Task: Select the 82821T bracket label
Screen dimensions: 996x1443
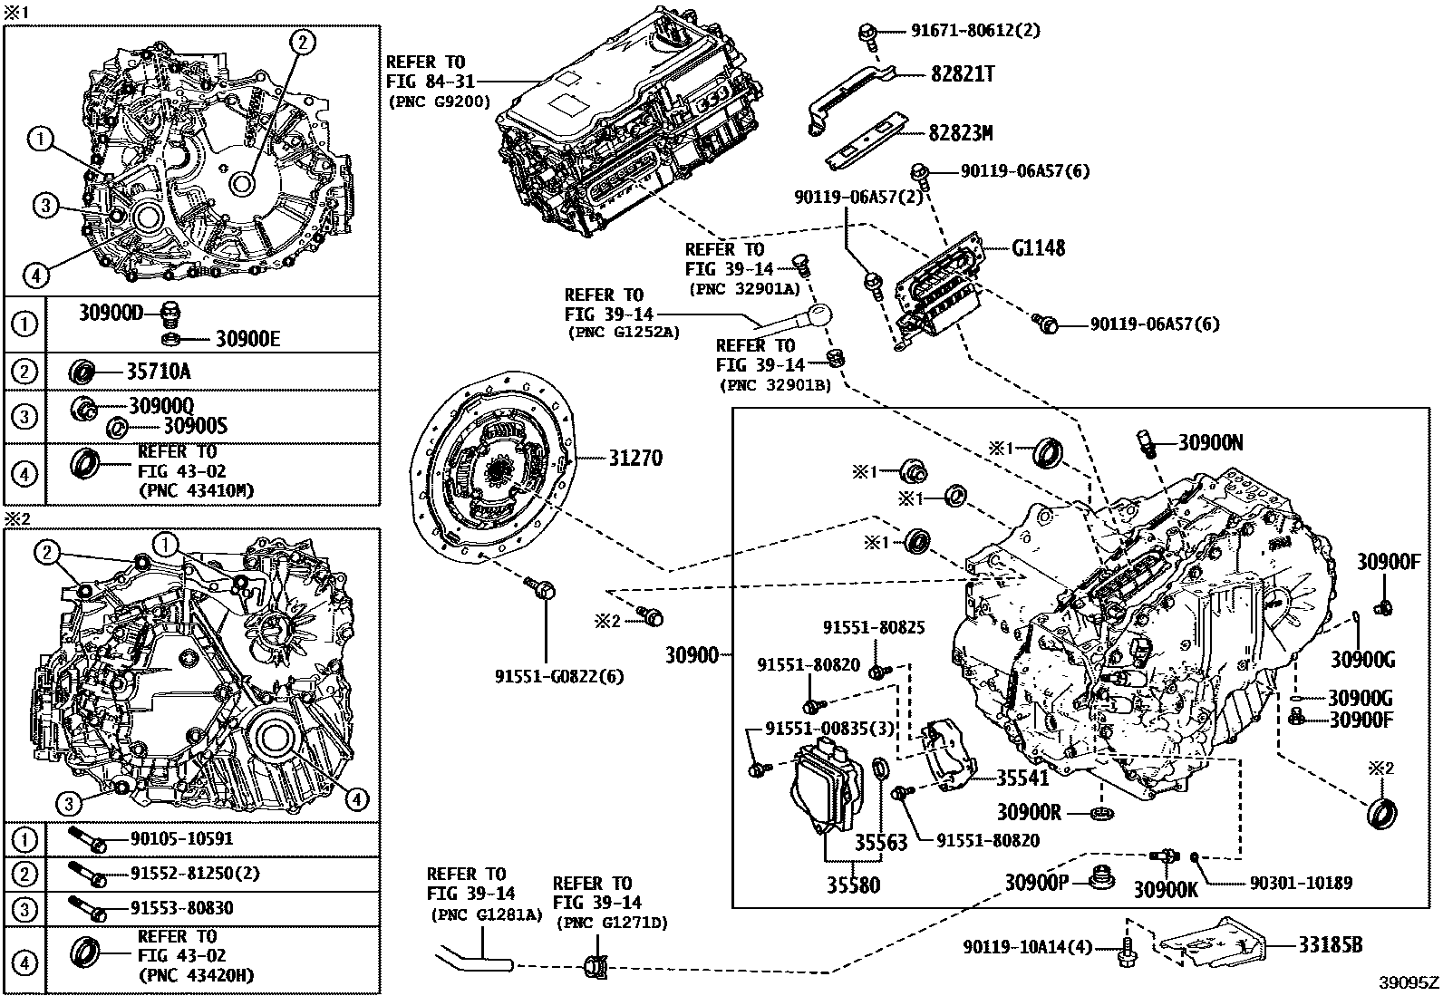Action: (962, 74)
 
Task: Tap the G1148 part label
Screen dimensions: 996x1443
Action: (1038, 247)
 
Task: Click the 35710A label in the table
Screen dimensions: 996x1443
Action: (158, 371)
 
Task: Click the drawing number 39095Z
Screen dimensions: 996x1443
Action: (1409, 982)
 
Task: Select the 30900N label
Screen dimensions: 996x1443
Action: (1210, 443)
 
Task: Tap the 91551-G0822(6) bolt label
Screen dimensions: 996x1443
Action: (559, 676)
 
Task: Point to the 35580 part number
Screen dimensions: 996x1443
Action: (852, 884)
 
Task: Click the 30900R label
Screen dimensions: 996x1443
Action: (1028, 812)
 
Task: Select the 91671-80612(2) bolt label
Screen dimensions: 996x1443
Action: (974, 31)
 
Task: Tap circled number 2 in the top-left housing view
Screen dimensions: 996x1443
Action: (302, 40)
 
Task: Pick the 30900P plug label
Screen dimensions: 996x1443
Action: (1035, 882)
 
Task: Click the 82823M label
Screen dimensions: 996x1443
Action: (960, 133)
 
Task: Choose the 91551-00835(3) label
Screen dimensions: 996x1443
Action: (829, 729)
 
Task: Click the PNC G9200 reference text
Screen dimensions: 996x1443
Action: (439, 102)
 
